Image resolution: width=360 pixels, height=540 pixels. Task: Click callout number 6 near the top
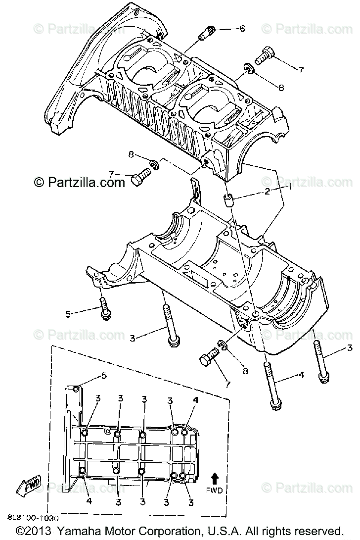(x=242, y=28)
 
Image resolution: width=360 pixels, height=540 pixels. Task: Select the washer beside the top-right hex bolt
(x=248, y=69)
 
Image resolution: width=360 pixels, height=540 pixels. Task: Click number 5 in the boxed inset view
(x=104, y=375)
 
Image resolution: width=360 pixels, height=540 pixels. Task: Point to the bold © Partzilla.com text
(x=79, y=183)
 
